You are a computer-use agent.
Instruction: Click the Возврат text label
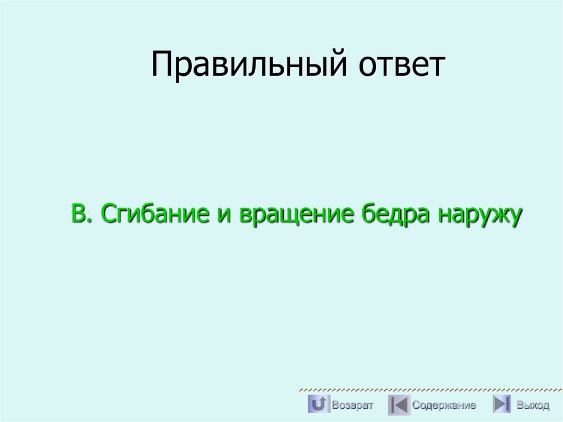tap(352, 405)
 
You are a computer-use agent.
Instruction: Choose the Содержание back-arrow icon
tap(399, 405)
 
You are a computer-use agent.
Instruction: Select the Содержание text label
tap(444, 405)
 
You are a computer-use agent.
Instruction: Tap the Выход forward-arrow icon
tap(501, 405)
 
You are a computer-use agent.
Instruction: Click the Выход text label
tap(533, 405)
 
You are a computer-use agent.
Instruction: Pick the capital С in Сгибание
tap(108, 213)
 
